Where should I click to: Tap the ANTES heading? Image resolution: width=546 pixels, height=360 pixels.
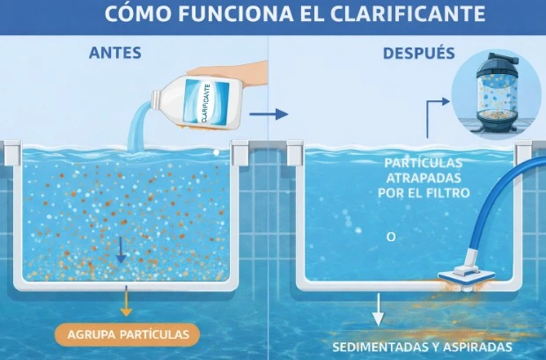[x=115, y=53]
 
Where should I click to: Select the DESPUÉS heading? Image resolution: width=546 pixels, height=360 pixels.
[x=418, y=53]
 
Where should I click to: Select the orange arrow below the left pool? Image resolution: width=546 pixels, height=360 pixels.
[x=127, y=303]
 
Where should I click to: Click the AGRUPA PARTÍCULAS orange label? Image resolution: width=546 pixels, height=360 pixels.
[x=128, y=334]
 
